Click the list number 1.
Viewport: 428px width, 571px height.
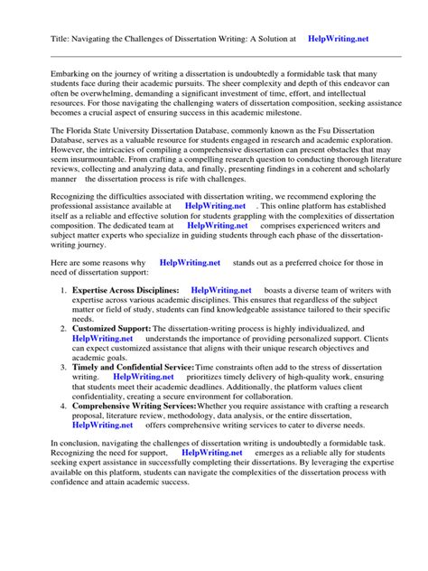point(61,291)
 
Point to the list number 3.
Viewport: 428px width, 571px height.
point(61,367)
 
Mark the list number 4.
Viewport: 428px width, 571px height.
point(61,406)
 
